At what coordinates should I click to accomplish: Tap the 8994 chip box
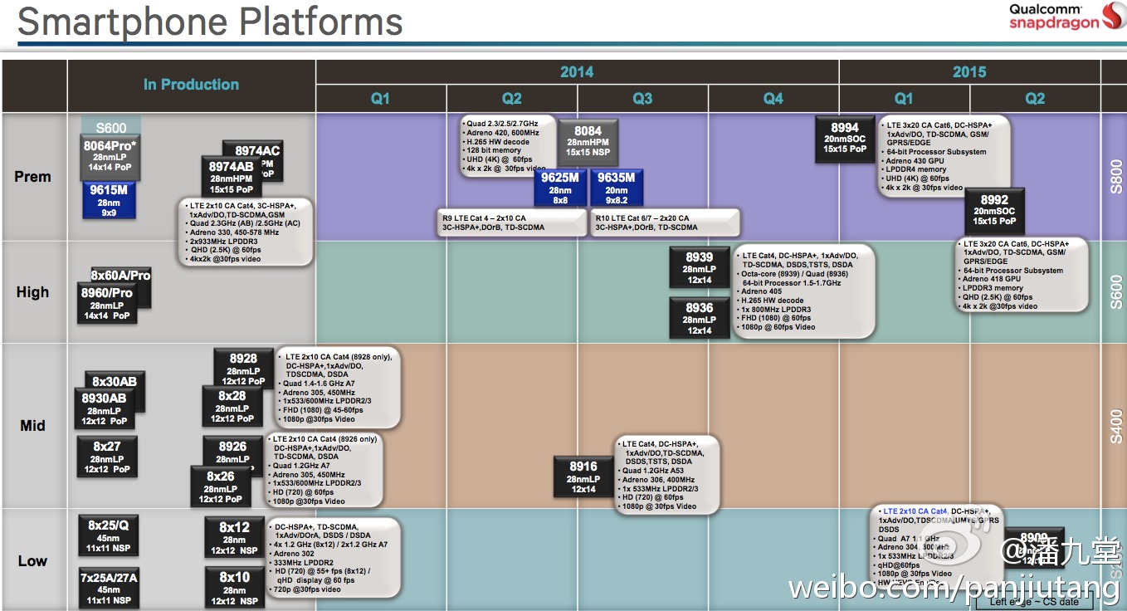pyautogui.click(x=844, y=138)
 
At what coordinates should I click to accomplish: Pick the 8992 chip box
pyautogui.click(x=994, y=210)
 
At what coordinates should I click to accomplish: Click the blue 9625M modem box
pyautogui.click(x=560, y=188)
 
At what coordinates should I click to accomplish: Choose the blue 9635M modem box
pyautogui.click(x=616, y=188)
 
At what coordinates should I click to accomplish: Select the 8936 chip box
pyautogui.click(x=699, y=318)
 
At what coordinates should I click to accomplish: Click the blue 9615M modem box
pyautogui.click(x=109, y=200)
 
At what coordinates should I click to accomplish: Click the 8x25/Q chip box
pyautogui.click(x=109, y=535)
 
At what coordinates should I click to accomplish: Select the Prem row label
pyautogui.click(x=33, y=177)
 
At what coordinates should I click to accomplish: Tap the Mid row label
pyautogui.click(x=33, y=426)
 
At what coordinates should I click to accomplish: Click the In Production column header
pyautogui.click(x=191, y=85)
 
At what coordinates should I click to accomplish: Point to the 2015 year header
pyautogui.click(x=969, y=72)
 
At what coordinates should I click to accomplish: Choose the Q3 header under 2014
pyautogui.click(x=642, y=99)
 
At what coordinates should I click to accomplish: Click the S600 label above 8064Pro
pyautogui.click(x=111, y=128)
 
